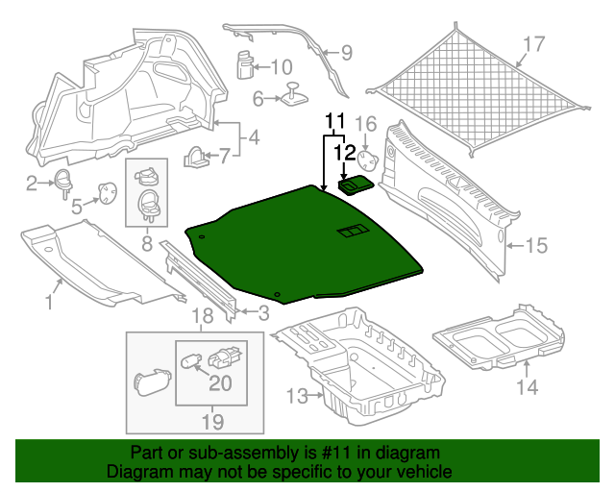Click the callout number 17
coord(534,43)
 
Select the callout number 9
coord(347,53)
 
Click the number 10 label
coord(280,67)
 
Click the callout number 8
coord(148,244)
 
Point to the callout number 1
coord(48,305)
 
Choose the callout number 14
coord(527,387)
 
